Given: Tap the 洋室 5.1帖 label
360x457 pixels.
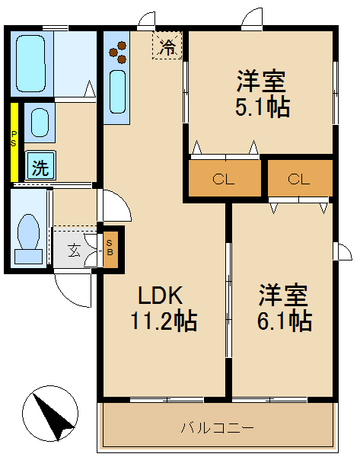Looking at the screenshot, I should click(x=261, y=93).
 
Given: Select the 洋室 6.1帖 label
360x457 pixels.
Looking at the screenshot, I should click(x=284, y=307).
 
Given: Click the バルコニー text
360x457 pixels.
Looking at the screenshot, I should click(x=217, y=427).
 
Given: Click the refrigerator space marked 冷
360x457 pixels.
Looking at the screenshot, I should click(x=167, y=46).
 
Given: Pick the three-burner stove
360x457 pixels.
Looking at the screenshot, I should click(x=118, y=51).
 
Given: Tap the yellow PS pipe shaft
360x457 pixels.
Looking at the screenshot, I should click(x=14, y=141).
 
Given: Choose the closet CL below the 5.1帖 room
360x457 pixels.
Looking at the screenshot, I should click(x=223, y=180).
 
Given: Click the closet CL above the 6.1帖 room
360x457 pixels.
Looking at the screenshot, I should click(x=299, y=180).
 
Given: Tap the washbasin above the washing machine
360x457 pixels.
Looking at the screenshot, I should click(x=40, y=122).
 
